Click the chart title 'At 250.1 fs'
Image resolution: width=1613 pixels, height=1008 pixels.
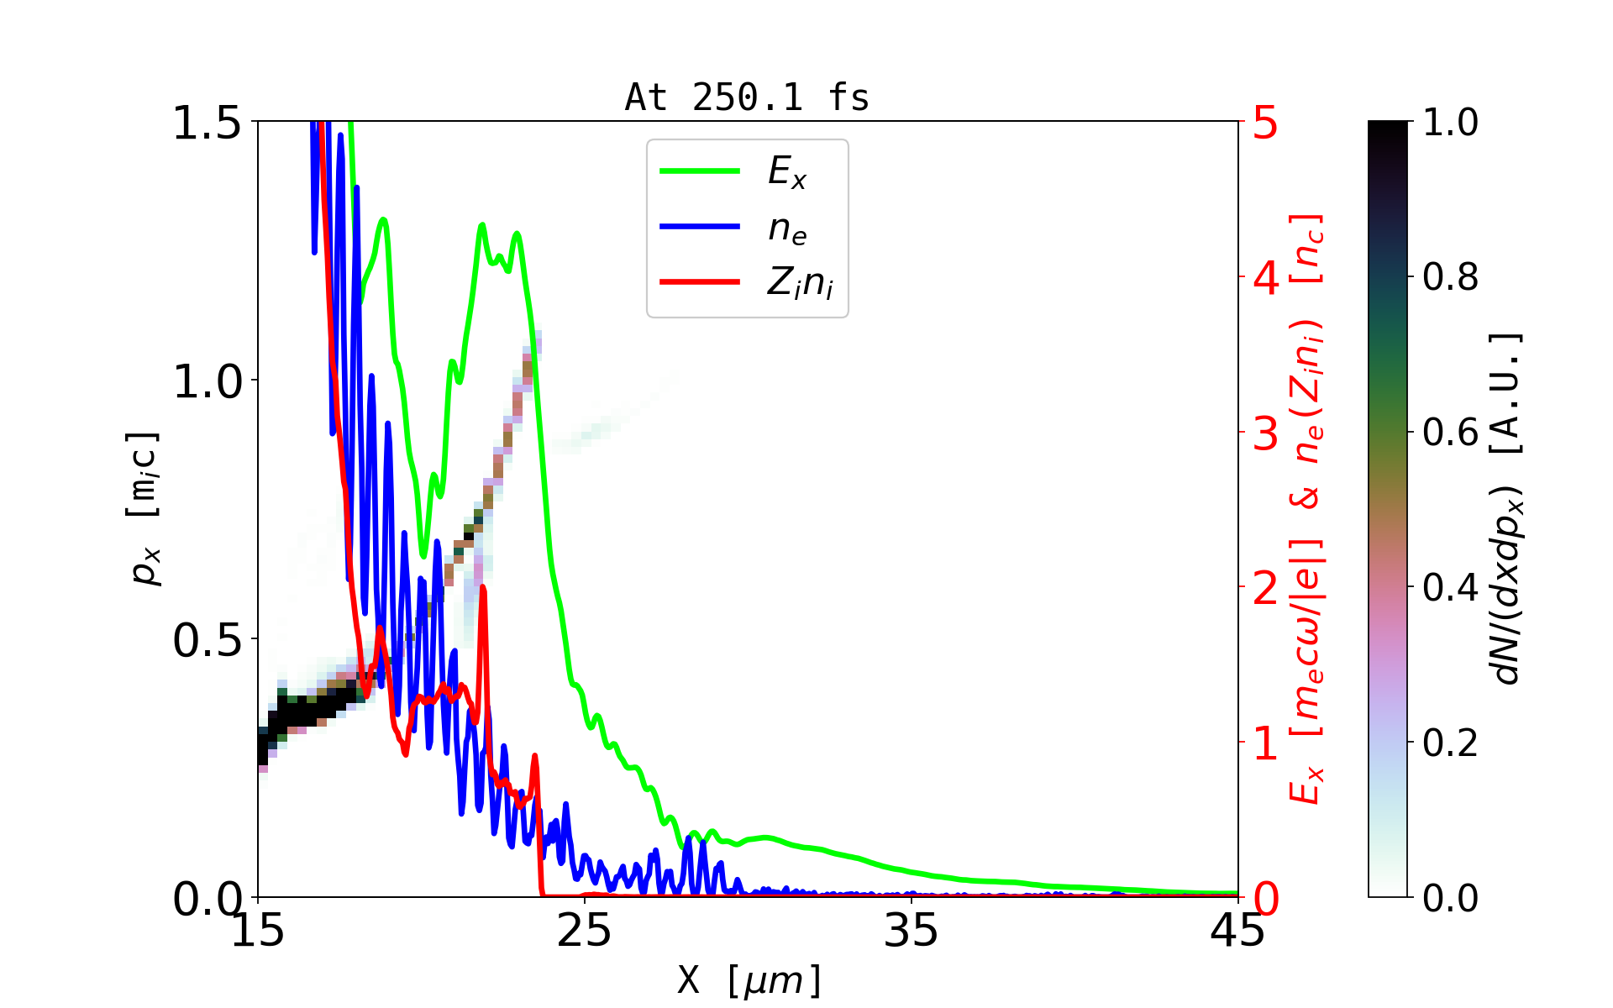(x=747, y=98)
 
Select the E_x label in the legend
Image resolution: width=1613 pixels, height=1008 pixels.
(x=787, y=172)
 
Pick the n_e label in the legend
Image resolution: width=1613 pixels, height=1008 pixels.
(x=787, y=228)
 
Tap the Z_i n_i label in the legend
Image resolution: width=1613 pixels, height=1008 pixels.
(x=800, y=283)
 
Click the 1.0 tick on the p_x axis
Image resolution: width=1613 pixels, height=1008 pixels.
(x=207, y=381)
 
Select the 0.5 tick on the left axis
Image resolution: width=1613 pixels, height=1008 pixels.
(x=207, y=640)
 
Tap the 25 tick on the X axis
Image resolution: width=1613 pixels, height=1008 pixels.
(x=585, y=931)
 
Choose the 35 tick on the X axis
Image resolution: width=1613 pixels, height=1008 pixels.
(x=912, y=931)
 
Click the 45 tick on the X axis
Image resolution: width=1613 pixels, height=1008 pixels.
(x=1237, y=931)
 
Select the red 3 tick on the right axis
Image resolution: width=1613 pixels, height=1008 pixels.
(x=1265, y=433)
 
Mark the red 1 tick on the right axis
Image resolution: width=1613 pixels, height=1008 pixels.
(x=1265, y=743)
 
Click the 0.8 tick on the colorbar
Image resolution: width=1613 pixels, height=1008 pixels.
(x=1450, y=276)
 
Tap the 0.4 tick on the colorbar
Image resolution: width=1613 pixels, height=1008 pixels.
(x=1450, y=587)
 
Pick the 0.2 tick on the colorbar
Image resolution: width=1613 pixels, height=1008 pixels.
(x=1450, y=743)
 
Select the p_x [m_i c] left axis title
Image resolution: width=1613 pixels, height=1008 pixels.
(x=144, y=509)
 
